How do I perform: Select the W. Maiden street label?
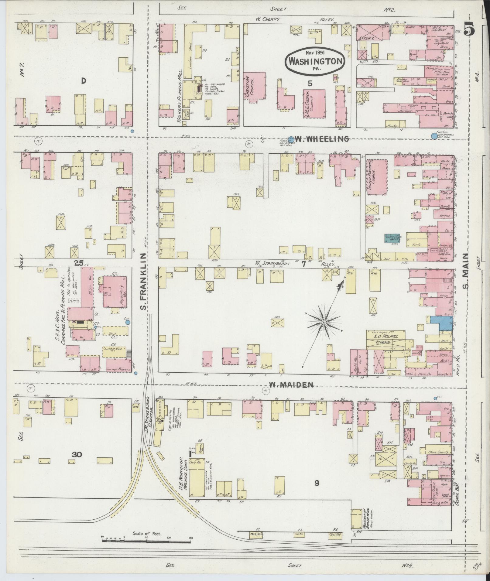tap(291, 385)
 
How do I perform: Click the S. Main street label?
tap(466, 272)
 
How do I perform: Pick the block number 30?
tap(77, 454)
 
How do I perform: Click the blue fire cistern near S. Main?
tap(434, 136)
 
